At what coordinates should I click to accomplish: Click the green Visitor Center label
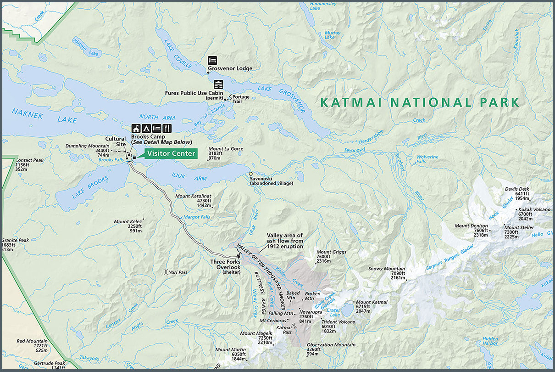point(171,153)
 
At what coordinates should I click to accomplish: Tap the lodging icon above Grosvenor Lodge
point(212,60)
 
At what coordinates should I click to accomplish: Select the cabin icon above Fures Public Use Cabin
point(218,85)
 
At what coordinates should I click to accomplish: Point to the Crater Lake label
point(333,312)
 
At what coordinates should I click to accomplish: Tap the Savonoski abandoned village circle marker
point(250,174)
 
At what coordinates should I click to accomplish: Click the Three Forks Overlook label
point(225,264)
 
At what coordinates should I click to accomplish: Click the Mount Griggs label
point(330,252)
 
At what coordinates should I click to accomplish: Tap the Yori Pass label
point(178,272)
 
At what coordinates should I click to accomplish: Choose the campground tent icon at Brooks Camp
point(147,128)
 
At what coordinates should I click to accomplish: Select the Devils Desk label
point(517,189)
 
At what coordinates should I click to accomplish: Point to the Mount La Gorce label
point(226,149)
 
